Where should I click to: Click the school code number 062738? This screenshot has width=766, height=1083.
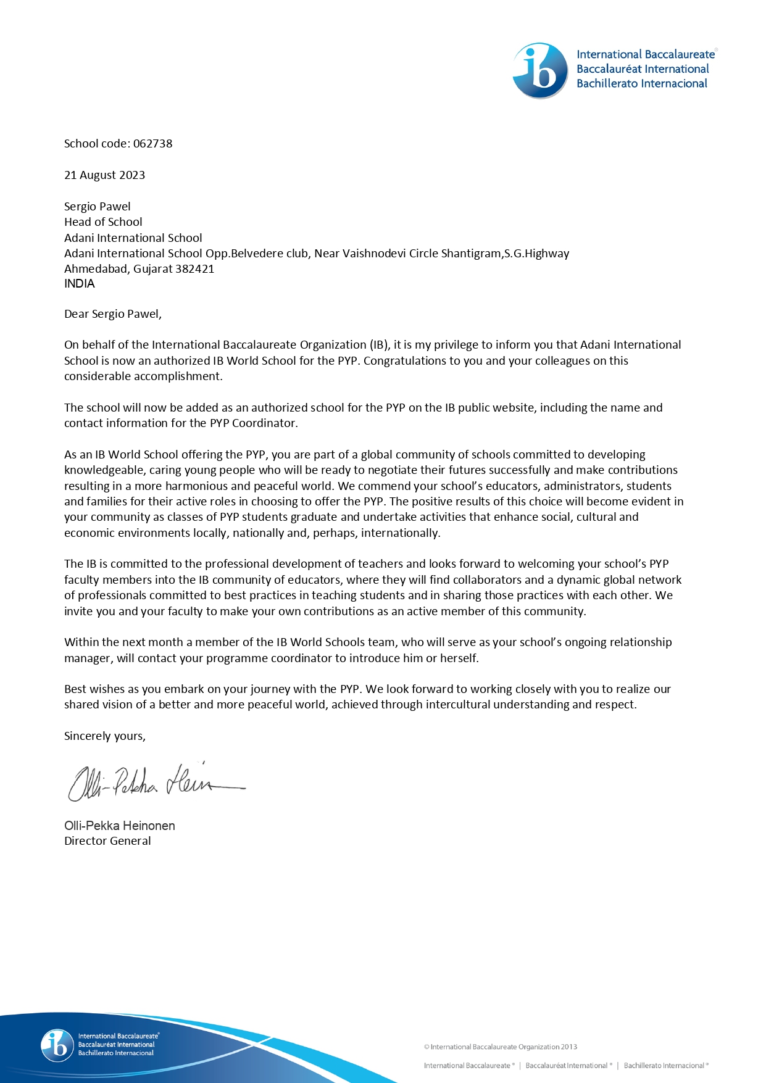[152, 144]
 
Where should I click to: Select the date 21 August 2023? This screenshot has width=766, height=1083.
[104, 175]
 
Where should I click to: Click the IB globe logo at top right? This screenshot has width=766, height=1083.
[540, 70]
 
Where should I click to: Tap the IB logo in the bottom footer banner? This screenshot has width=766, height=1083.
[57, 1045]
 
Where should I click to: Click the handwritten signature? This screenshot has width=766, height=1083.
[154, 782]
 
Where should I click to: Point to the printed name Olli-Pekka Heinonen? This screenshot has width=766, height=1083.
[119, 826]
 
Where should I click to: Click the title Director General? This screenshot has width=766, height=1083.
[107, 841]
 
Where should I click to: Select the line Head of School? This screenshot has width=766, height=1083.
[103, 222]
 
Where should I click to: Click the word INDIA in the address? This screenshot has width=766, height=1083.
[80, 284]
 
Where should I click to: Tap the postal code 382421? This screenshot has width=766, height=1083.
[194, 269]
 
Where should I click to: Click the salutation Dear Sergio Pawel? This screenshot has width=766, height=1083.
[112, 314]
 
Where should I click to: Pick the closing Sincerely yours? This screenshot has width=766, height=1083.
[104, 736]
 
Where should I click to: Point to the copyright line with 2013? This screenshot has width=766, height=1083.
[500, 1047]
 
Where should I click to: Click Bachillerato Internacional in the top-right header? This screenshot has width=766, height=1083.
[641, 84]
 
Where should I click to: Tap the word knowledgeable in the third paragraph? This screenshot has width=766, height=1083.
[103, 470]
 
